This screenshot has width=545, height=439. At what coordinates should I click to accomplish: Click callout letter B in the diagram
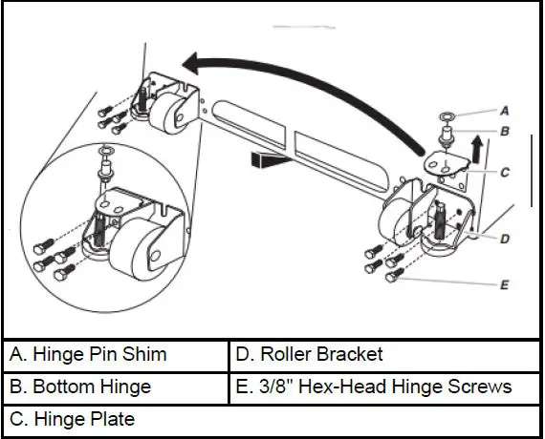click(x=506, y=131)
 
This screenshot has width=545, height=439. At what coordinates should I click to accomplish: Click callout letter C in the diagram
click(x=506, y=173)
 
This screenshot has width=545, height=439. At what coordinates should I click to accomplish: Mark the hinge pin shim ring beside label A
click(x=446, y=115)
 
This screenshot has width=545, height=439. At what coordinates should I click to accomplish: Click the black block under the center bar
click(x=267, y=160)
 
